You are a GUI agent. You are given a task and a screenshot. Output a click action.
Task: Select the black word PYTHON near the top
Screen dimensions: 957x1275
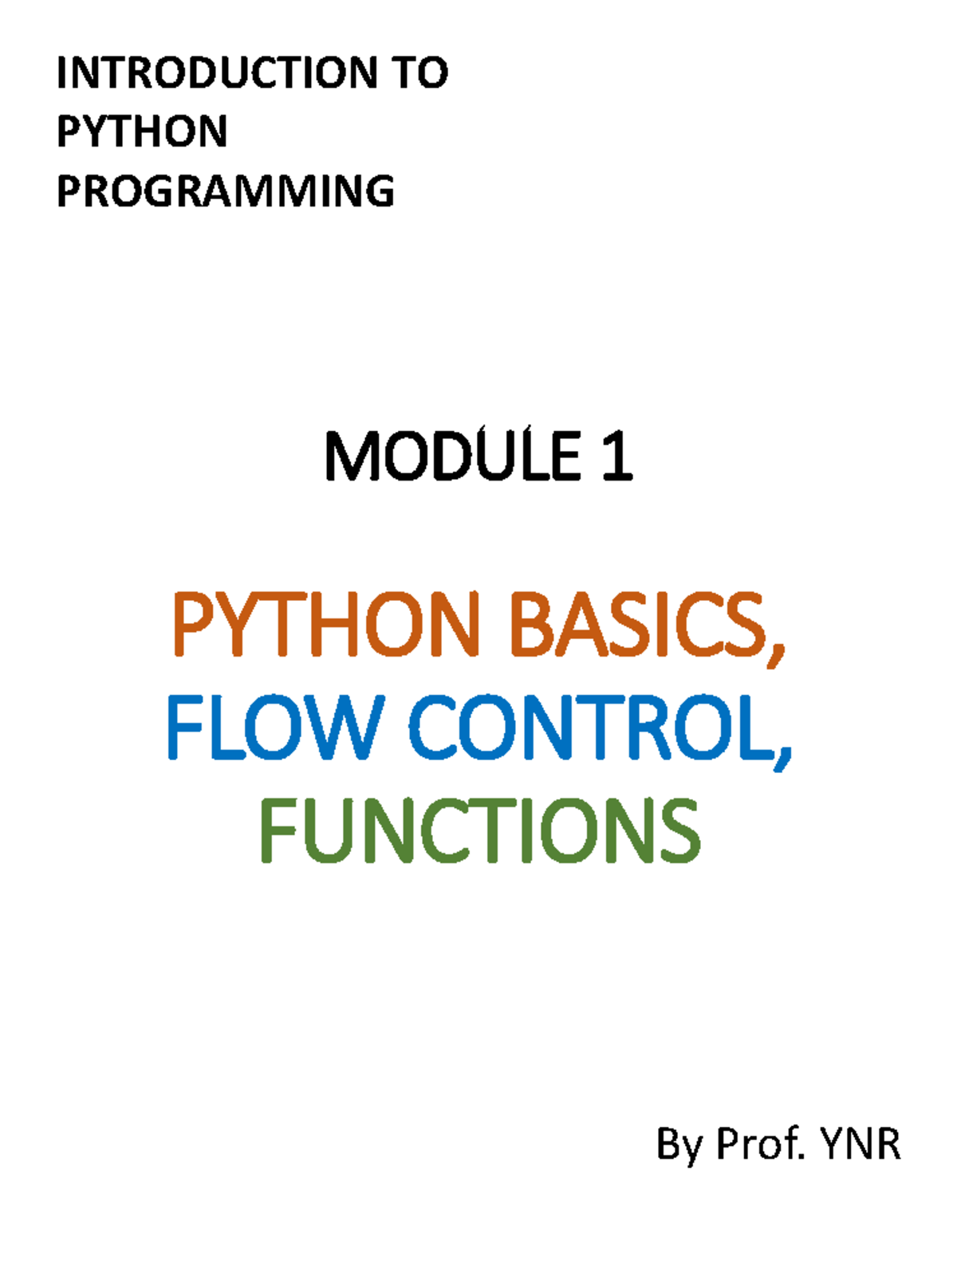pos(142,131)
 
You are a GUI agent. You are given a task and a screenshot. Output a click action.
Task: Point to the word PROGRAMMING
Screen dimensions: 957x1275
pos(226,191)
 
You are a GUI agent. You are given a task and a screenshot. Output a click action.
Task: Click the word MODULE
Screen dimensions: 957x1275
pos(454,456)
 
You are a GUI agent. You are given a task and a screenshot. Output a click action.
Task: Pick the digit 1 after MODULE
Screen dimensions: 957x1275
pos(617,456)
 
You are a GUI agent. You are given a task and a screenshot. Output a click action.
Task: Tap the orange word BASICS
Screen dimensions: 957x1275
pos(639,624)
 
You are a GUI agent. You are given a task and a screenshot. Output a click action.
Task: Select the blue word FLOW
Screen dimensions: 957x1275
pos(275,727)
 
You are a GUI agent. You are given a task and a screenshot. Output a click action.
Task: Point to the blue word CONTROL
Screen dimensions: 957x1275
pos(593,727)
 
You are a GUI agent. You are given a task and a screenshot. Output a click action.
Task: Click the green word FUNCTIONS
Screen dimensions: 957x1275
pos(481,830)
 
